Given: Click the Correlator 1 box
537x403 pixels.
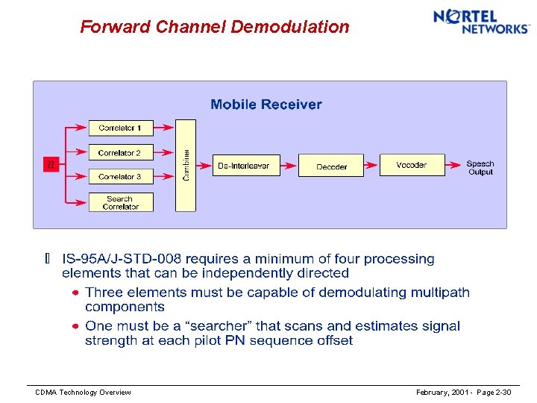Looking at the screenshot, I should (x=120, y=128).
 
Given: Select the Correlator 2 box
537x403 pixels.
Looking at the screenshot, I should (x=120, y=152).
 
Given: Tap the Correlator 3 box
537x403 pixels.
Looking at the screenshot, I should (x=120, y=177).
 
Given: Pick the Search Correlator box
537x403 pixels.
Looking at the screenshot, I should (x=120, y=202).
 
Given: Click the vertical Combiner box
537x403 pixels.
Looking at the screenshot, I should (x=185, y=165).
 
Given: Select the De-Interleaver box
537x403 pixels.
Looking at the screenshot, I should (x=244, y=166).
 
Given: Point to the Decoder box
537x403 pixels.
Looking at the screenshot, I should (x=331, y=166).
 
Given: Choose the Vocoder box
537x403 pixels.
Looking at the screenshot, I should (x=412, y=165).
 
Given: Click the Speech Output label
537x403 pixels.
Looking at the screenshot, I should (x=480, y=168).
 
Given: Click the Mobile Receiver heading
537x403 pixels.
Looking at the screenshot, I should (x=266, y=104).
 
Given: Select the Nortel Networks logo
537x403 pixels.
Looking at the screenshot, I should (x=481, y=22).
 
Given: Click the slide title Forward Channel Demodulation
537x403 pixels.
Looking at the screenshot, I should (x=215, y=27).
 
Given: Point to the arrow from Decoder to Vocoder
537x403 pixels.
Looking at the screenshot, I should (x=371, y=166).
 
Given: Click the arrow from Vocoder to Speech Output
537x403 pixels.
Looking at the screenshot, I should (x=453, y=166).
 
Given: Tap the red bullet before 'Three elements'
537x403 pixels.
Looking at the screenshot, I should (x=75, y=293).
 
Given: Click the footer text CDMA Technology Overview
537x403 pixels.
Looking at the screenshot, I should (x=84, y=393).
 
